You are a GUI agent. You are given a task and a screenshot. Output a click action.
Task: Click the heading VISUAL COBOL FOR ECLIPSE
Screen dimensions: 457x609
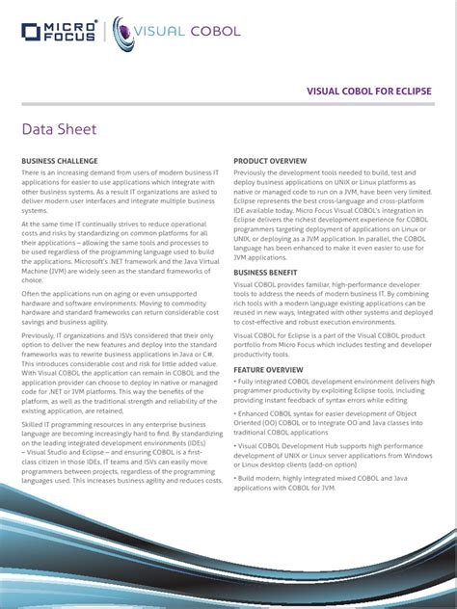368,91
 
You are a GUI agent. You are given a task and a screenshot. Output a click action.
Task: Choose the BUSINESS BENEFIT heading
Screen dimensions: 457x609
268,273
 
